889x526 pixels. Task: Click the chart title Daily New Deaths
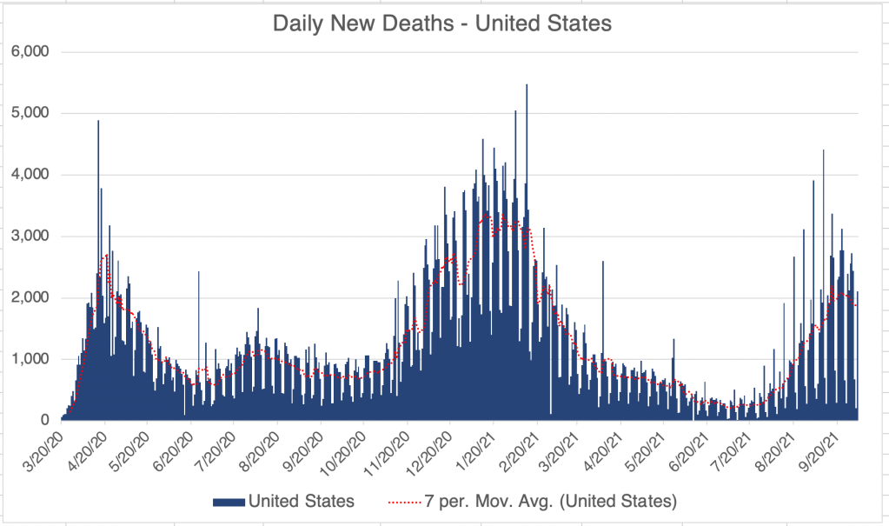[x=442, y=23]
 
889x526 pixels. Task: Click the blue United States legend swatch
[x=228, y=501]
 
